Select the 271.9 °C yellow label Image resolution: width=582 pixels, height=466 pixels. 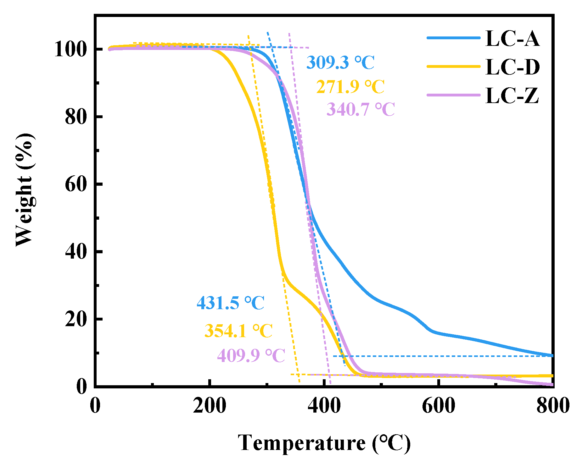[350, 87]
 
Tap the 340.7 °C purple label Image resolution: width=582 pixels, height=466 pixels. [360, 109]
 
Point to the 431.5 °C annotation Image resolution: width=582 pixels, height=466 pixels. [230, 303]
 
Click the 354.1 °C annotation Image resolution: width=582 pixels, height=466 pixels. [238, 331]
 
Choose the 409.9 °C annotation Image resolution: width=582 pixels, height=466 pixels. [251, 356]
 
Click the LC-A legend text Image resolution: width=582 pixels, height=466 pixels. [512, 39]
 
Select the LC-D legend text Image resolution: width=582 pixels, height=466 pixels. [512, 67]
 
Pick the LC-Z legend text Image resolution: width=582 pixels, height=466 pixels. [512, 96]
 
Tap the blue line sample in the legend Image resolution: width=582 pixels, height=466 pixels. [453, 38]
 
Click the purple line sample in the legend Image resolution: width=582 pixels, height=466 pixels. [453, 95]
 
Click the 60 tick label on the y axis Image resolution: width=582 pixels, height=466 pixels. [76, 184]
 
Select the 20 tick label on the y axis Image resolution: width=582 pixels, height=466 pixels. [76, 319]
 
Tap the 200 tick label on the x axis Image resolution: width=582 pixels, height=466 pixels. [209, 406]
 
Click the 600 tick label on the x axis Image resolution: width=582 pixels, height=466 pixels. [438, 406]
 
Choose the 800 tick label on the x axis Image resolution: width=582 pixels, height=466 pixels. [552, 406]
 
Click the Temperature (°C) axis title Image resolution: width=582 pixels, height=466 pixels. [324, 443]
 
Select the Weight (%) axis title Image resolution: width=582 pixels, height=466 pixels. [24, 190]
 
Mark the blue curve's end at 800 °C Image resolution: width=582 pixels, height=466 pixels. [552, 355]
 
